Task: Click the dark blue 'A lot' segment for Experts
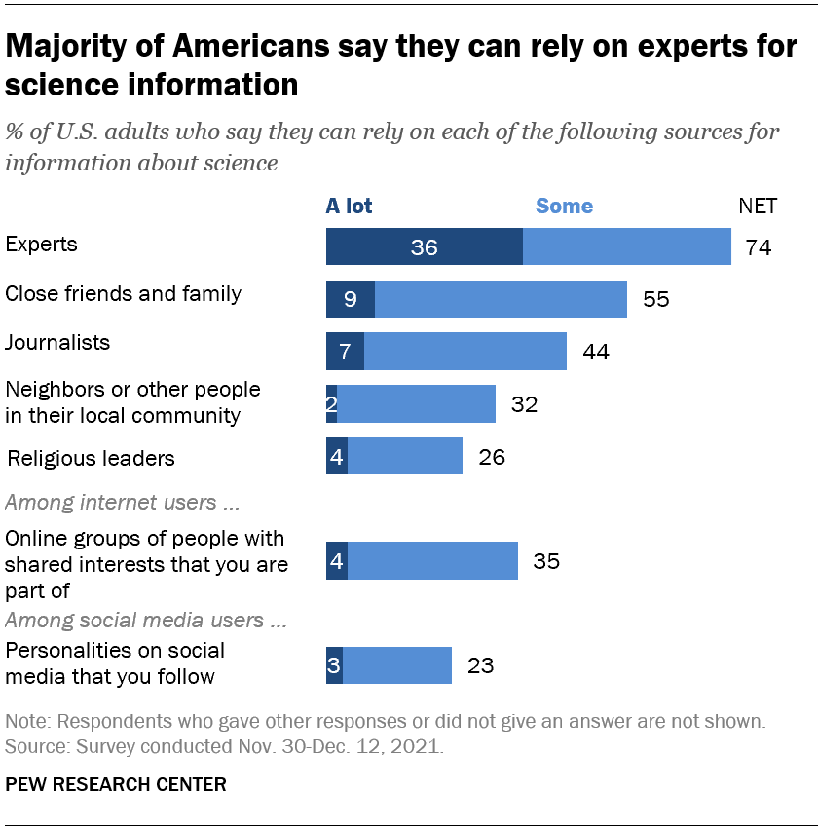424,247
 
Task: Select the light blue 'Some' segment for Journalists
465,351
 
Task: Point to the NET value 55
656,299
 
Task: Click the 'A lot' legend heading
349,206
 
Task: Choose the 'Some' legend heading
564,206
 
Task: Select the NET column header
758,206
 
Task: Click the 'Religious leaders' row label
91,457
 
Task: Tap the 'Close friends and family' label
124,293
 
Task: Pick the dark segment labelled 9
351,299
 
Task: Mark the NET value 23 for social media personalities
480,666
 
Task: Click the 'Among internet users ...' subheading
124,503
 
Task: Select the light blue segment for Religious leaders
404,456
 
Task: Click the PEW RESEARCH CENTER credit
116,784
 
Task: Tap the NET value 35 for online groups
546,561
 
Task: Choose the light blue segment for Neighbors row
416,403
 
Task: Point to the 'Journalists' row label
57,343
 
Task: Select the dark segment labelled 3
334,665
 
